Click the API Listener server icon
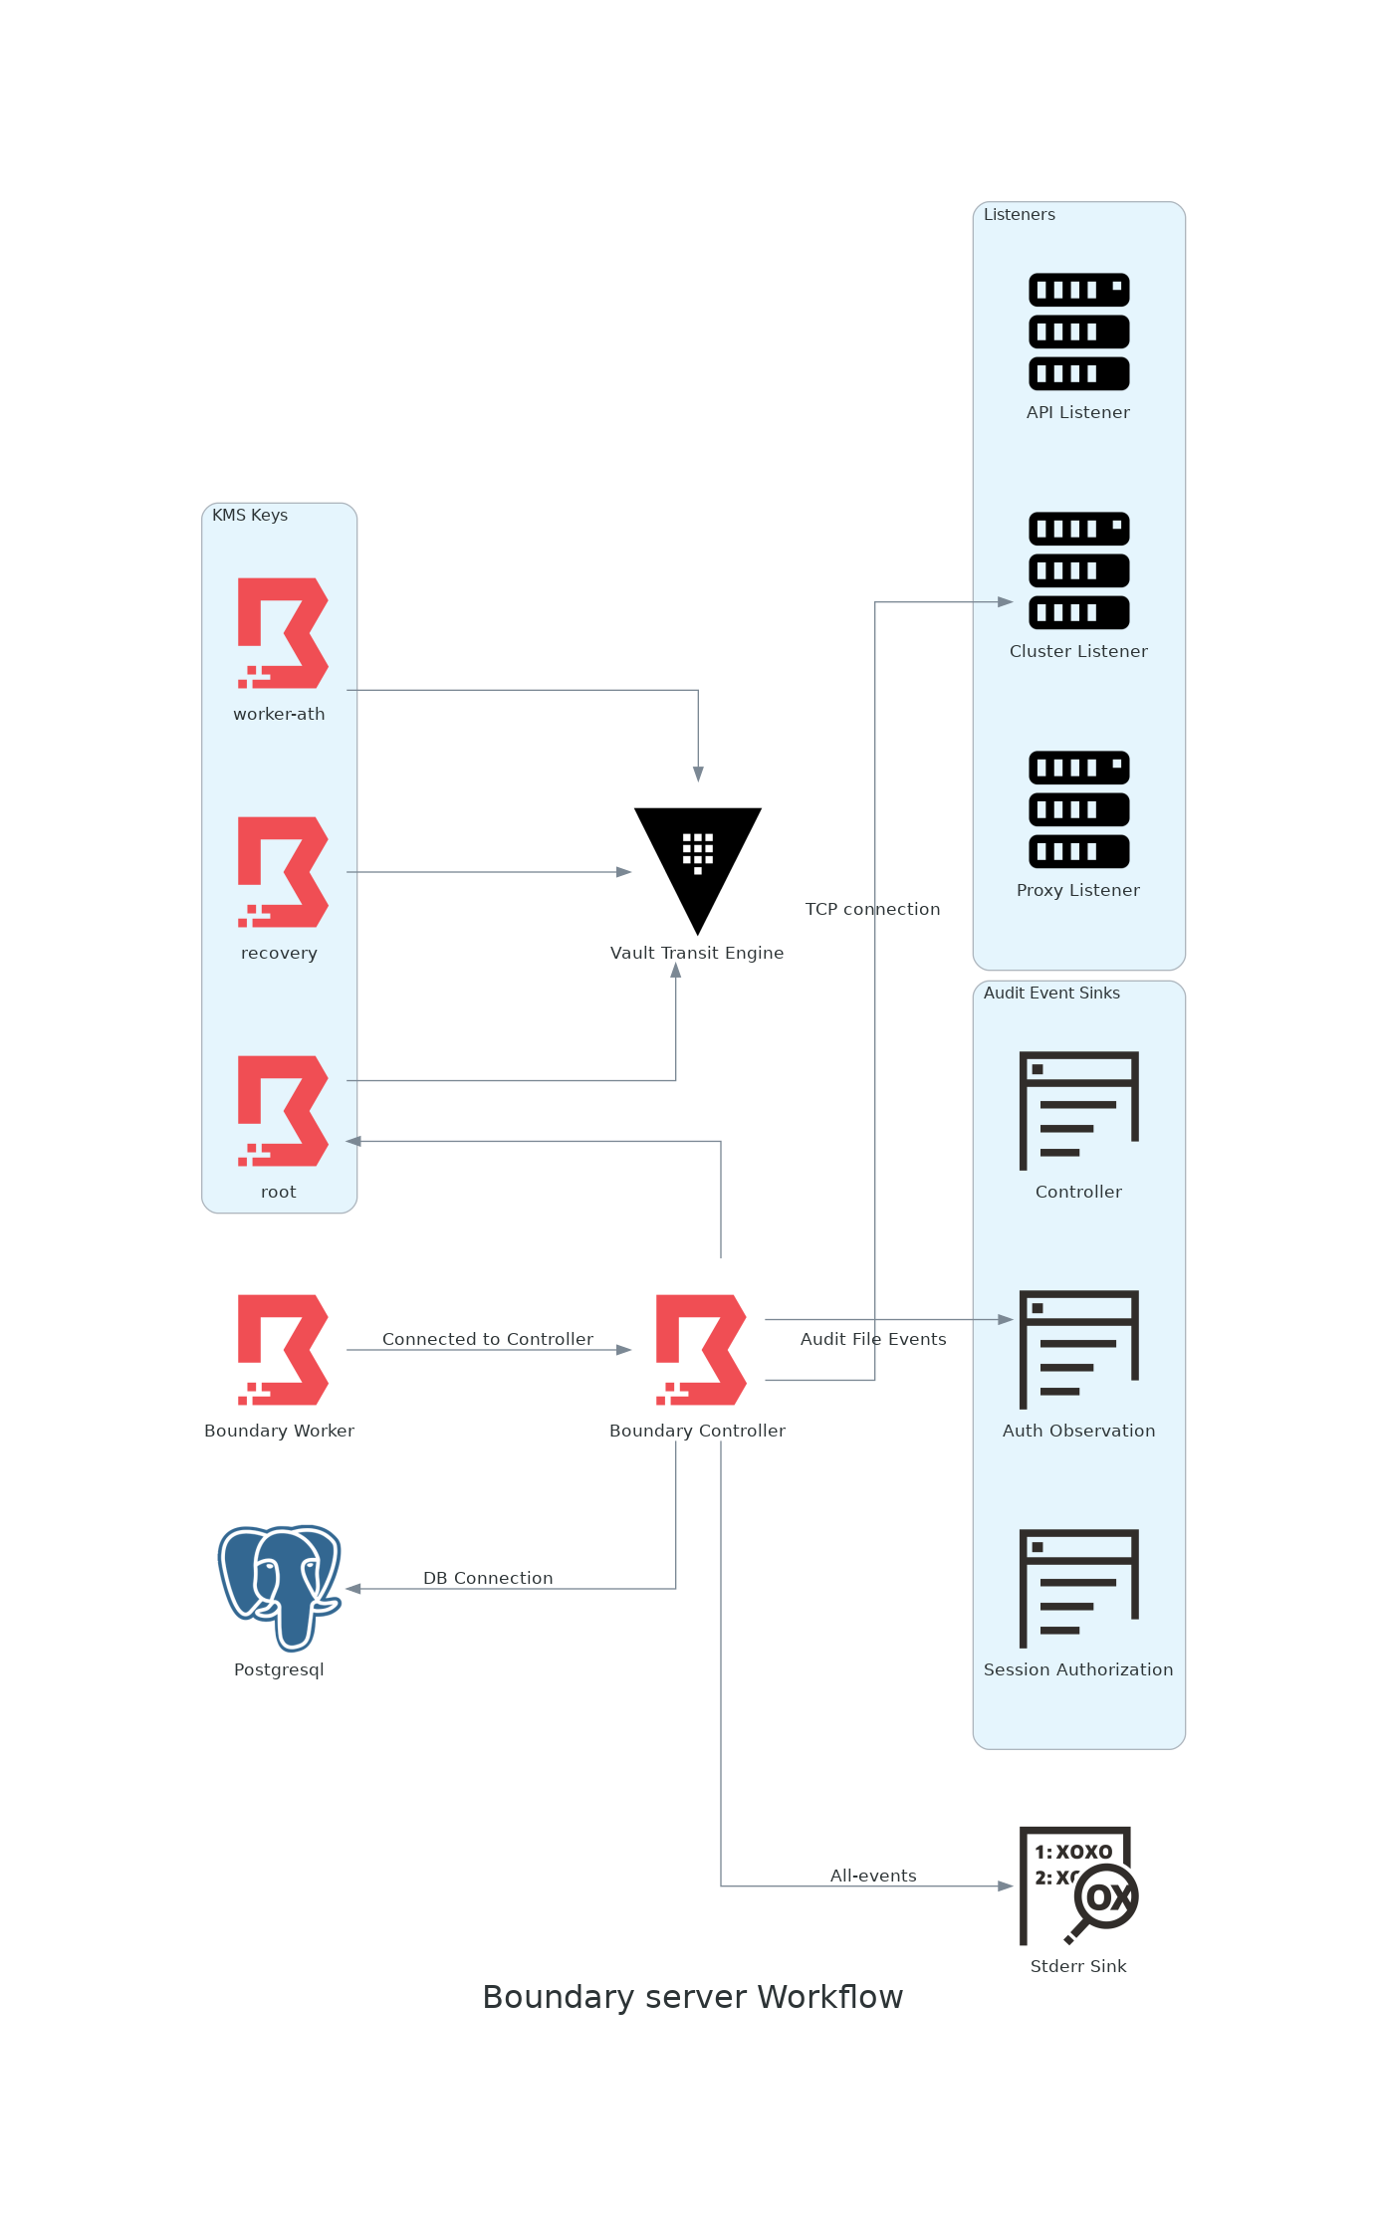click(1078, 332)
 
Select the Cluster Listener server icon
click(1078, 570)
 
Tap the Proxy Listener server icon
click(1078, 809)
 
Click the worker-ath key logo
click(282, 633)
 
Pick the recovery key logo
click(282, 872)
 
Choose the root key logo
click(282, 1111)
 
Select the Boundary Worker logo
click(282, 1350)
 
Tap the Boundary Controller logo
click(700, 1350)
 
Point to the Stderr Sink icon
click(1078, 1885)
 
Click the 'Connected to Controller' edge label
click(488, 1339)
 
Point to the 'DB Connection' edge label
click(488, 1578)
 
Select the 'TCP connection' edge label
click(872, 909)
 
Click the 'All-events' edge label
click(873, 1876)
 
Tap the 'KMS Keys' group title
click(250, 515)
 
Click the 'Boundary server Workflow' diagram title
click(693, 1997)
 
